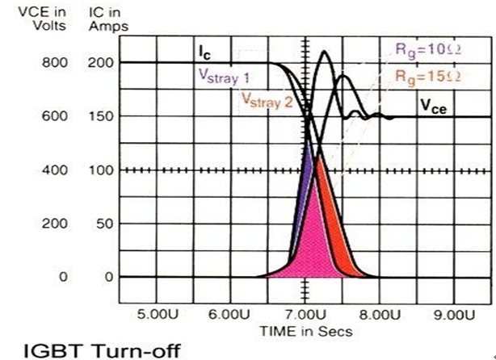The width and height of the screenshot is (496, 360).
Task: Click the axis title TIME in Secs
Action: pos(305,330)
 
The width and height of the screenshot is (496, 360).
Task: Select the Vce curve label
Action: pos(433,105)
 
